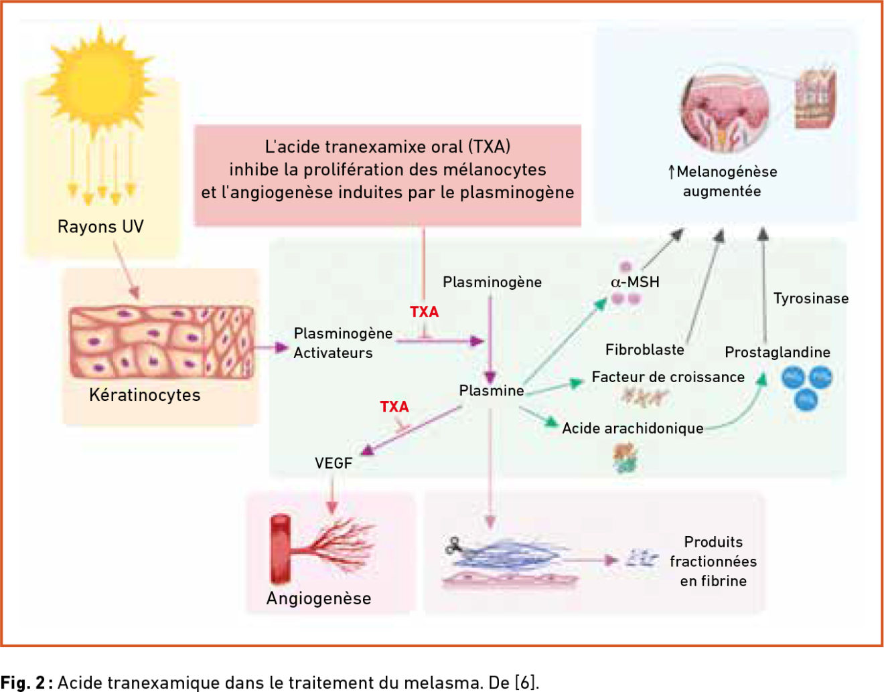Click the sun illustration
[98, 81]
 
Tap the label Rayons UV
[100, 227]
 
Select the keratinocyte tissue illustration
[161, 342]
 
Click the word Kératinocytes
[145, 395]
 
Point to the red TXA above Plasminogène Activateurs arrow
[425, 312]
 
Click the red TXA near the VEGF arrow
[394, 407]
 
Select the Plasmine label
[492, 390]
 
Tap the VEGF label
[334, 463]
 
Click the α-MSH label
[635, 282]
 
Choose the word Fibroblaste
[645, 349]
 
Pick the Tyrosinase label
[811, 298]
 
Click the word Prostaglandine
[778, 352]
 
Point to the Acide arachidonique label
[633, 428]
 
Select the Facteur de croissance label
[668, 377]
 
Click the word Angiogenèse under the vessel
[319, 598]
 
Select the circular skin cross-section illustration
[725, 110]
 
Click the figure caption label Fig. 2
[23, 682]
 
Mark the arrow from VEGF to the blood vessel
[332, 494]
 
